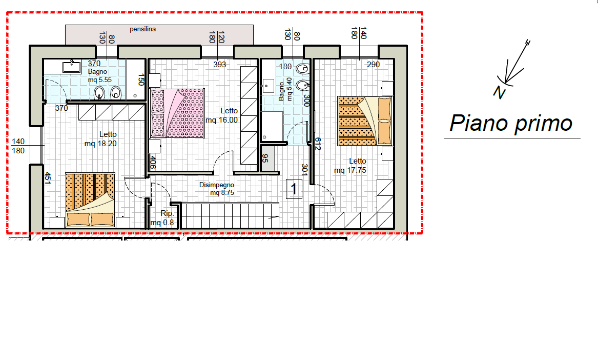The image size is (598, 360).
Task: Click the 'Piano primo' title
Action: [x=511, y=123]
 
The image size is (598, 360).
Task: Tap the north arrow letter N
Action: [x=499, y=92]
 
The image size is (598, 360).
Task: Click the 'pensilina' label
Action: [x=142, y=29]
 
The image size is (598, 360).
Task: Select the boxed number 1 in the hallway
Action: [x=294, y=189]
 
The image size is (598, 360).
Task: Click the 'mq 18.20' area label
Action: [x=100, y=144]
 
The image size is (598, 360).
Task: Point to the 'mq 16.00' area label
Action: [x=221, y=120]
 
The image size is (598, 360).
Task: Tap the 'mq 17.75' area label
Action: [x=350, y=170]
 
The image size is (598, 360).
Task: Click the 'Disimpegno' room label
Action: [x=217, y=185]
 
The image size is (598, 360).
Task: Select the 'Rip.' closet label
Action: [x=167, y=213]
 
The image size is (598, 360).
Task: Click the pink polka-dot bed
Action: [x=178, y=113]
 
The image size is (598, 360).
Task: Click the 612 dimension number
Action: [x=318, y=144]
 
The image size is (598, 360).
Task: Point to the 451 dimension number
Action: [x=48, y=178]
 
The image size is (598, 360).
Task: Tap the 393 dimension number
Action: [x=220, y=65]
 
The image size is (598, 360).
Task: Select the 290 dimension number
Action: [x=374, y=65]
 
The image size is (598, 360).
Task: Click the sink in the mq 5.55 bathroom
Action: [x=72, y=67]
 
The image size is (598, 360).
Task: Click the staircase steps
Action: [x=230, y=216]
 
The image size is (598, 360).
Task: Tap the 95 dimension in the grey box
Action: [x=265, y=158]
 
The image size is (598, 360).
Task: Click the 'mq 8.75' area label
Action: [x=222, y=193]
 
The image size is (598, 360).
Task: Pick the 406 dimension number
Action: [x=153, y=162]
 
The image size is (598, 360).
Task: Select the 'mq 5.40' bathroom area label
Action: [x=290, y=89]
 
